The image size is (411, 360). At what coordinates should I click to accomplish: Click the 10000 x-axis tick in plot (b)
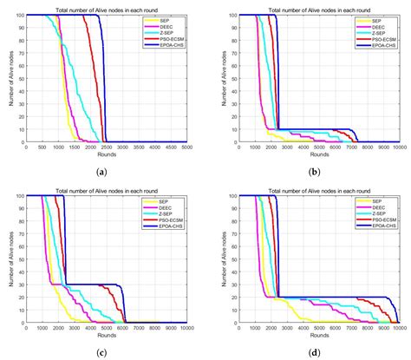point(397,147)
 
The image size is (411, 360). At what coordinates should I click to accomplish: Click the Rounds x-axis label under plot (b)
point(313,154)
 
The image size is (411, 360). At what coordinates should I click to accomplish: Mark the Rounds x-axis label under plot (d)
point(313,336)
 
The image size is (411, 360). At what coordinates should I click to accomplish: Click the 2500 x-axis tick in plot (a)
point(105,147)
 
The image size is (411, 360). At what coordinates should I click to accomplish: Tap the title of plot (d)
point(313,190)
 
